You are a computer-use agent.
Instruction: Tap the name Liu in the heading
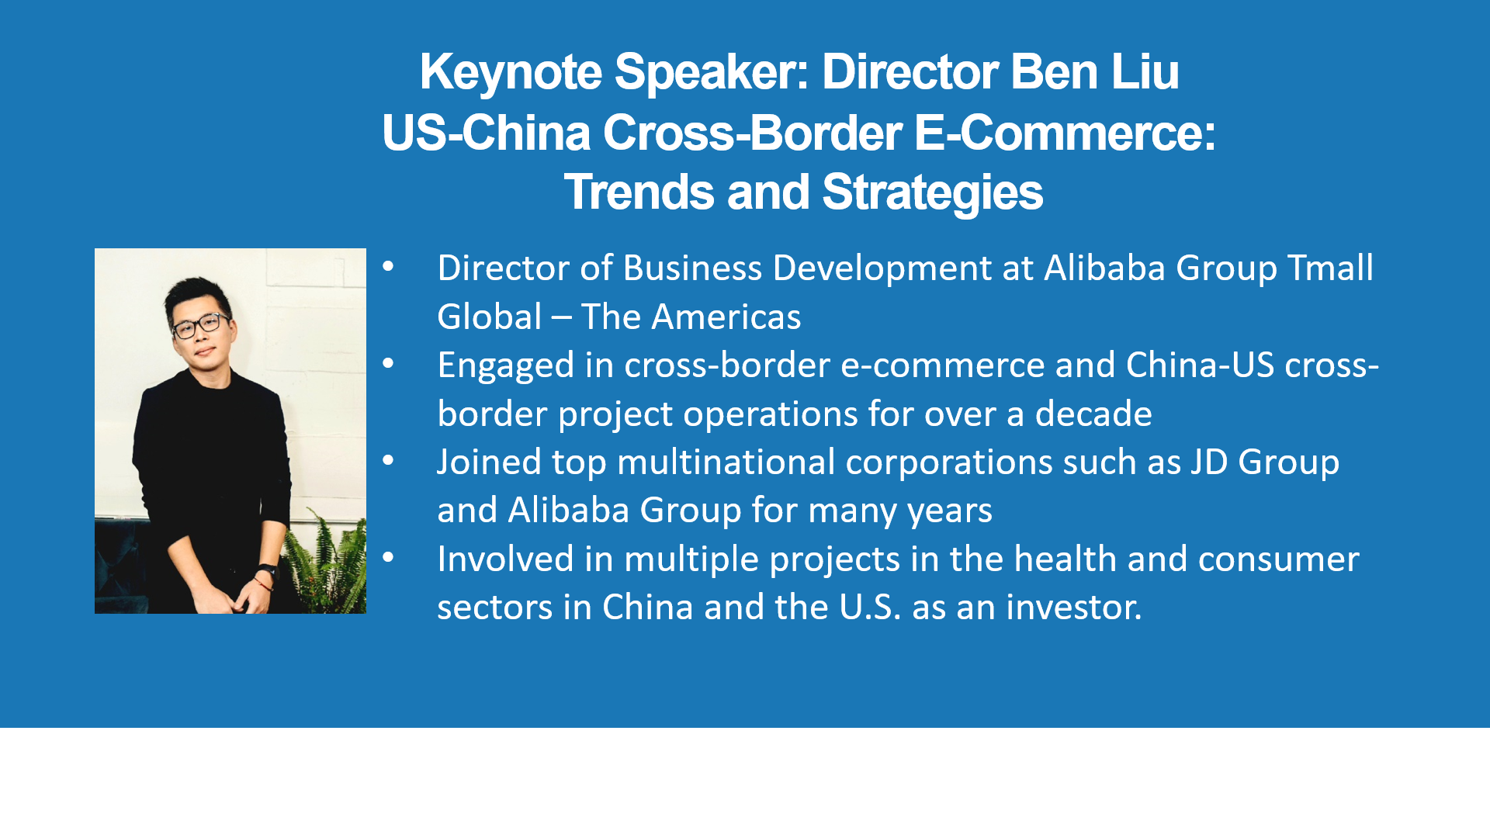1145,72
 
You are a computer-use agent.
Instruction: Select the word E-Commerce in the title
1064,133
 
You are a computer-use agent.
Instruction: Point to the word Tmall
1331,268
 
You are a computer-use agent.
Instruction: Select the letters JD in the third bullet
1210,462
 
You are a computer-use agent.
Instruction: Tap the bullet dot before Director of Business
388,268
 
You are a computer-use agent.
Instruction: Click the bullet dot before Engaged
388,364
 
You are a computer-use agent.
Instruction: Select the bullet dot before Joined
388,461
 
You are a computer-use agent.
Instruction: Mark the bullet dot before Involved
388,558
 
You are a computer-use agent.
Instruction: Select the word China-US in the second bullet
1200,365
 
